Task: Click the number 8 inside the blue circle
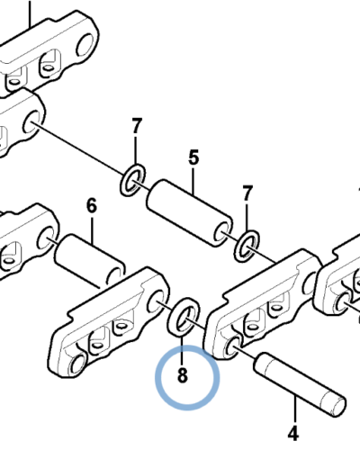pos(183,375)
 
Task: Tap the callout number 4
pos(293,433)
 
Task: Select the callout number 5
pos(193,157)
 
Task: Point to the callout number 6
pos(92,205)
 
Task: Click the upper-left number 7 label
pos(137,126)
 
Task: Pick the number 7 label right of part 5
pos(247,193)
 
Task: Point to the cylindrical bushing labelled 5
pos(189,213)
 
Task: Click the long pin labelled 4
pos(300,384)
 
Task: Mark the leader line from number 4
pos(295,410)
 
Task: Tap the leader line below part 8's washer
pos(182,350)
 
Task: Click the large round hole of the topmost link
pos(86,45)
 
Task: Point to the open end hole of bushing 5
pos(221,233)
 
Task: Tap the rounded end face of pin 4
pos(338,407)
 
